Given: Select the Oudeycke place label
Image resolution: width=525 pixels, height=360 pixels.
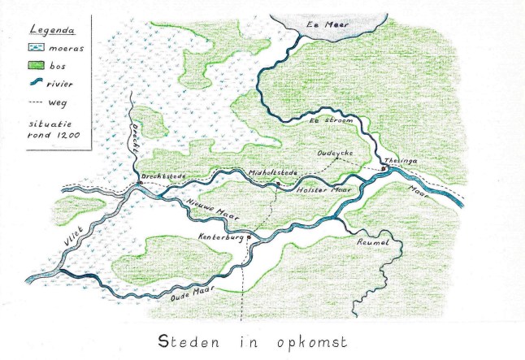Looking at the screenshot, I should click(x=334, y=153).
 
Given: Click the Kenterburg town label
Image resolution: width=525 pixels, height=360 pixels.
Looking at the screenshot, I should click(x=220, y=237).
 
